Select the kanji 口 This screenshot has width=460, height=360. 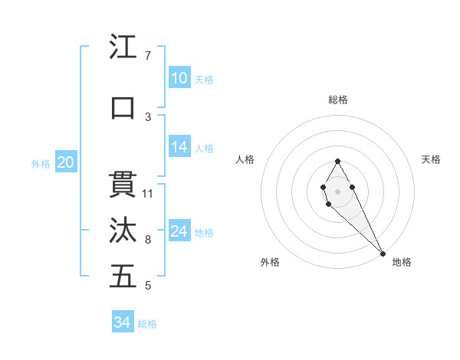click(x=123, y=108)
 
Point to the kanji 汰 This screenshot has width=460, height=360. click(x=123, y=231)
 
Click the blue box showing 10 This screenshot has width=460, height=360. click(x=179, y=78)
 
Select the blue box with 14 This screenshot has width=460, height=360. click(x=179, y=148)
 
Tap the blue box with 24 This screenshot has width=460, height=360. click(x=179, y=231)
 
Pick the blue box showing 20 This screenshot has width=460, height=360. click(x=66, y=162)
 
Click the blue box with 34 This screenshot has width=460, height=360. click(x=123, y=322)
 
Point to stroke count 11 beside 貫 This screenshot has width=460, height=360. click(x=148, y=193)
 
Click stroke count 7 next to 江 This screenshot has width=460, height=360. click(x=148, y=56)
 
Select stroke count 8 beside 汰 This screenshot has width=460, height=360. click(x=148, y=240)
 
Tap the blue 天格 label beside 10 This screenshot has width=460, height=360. click(x=204, y=79)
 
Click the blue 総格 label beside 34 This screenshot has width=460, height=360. click(x=147, y=324)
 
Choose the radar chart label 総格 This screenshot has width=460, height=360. click(x=337, y=100)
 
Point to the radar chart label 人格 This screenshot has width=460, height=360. click(x=245, y=159)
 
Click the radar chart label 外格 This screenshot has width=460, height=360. click(x=270, y=262)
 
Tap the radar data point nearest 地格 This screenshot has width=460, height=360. click(x=383, y=254)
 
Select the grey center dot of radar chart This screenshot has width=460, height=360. click(x=337, y=190)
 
